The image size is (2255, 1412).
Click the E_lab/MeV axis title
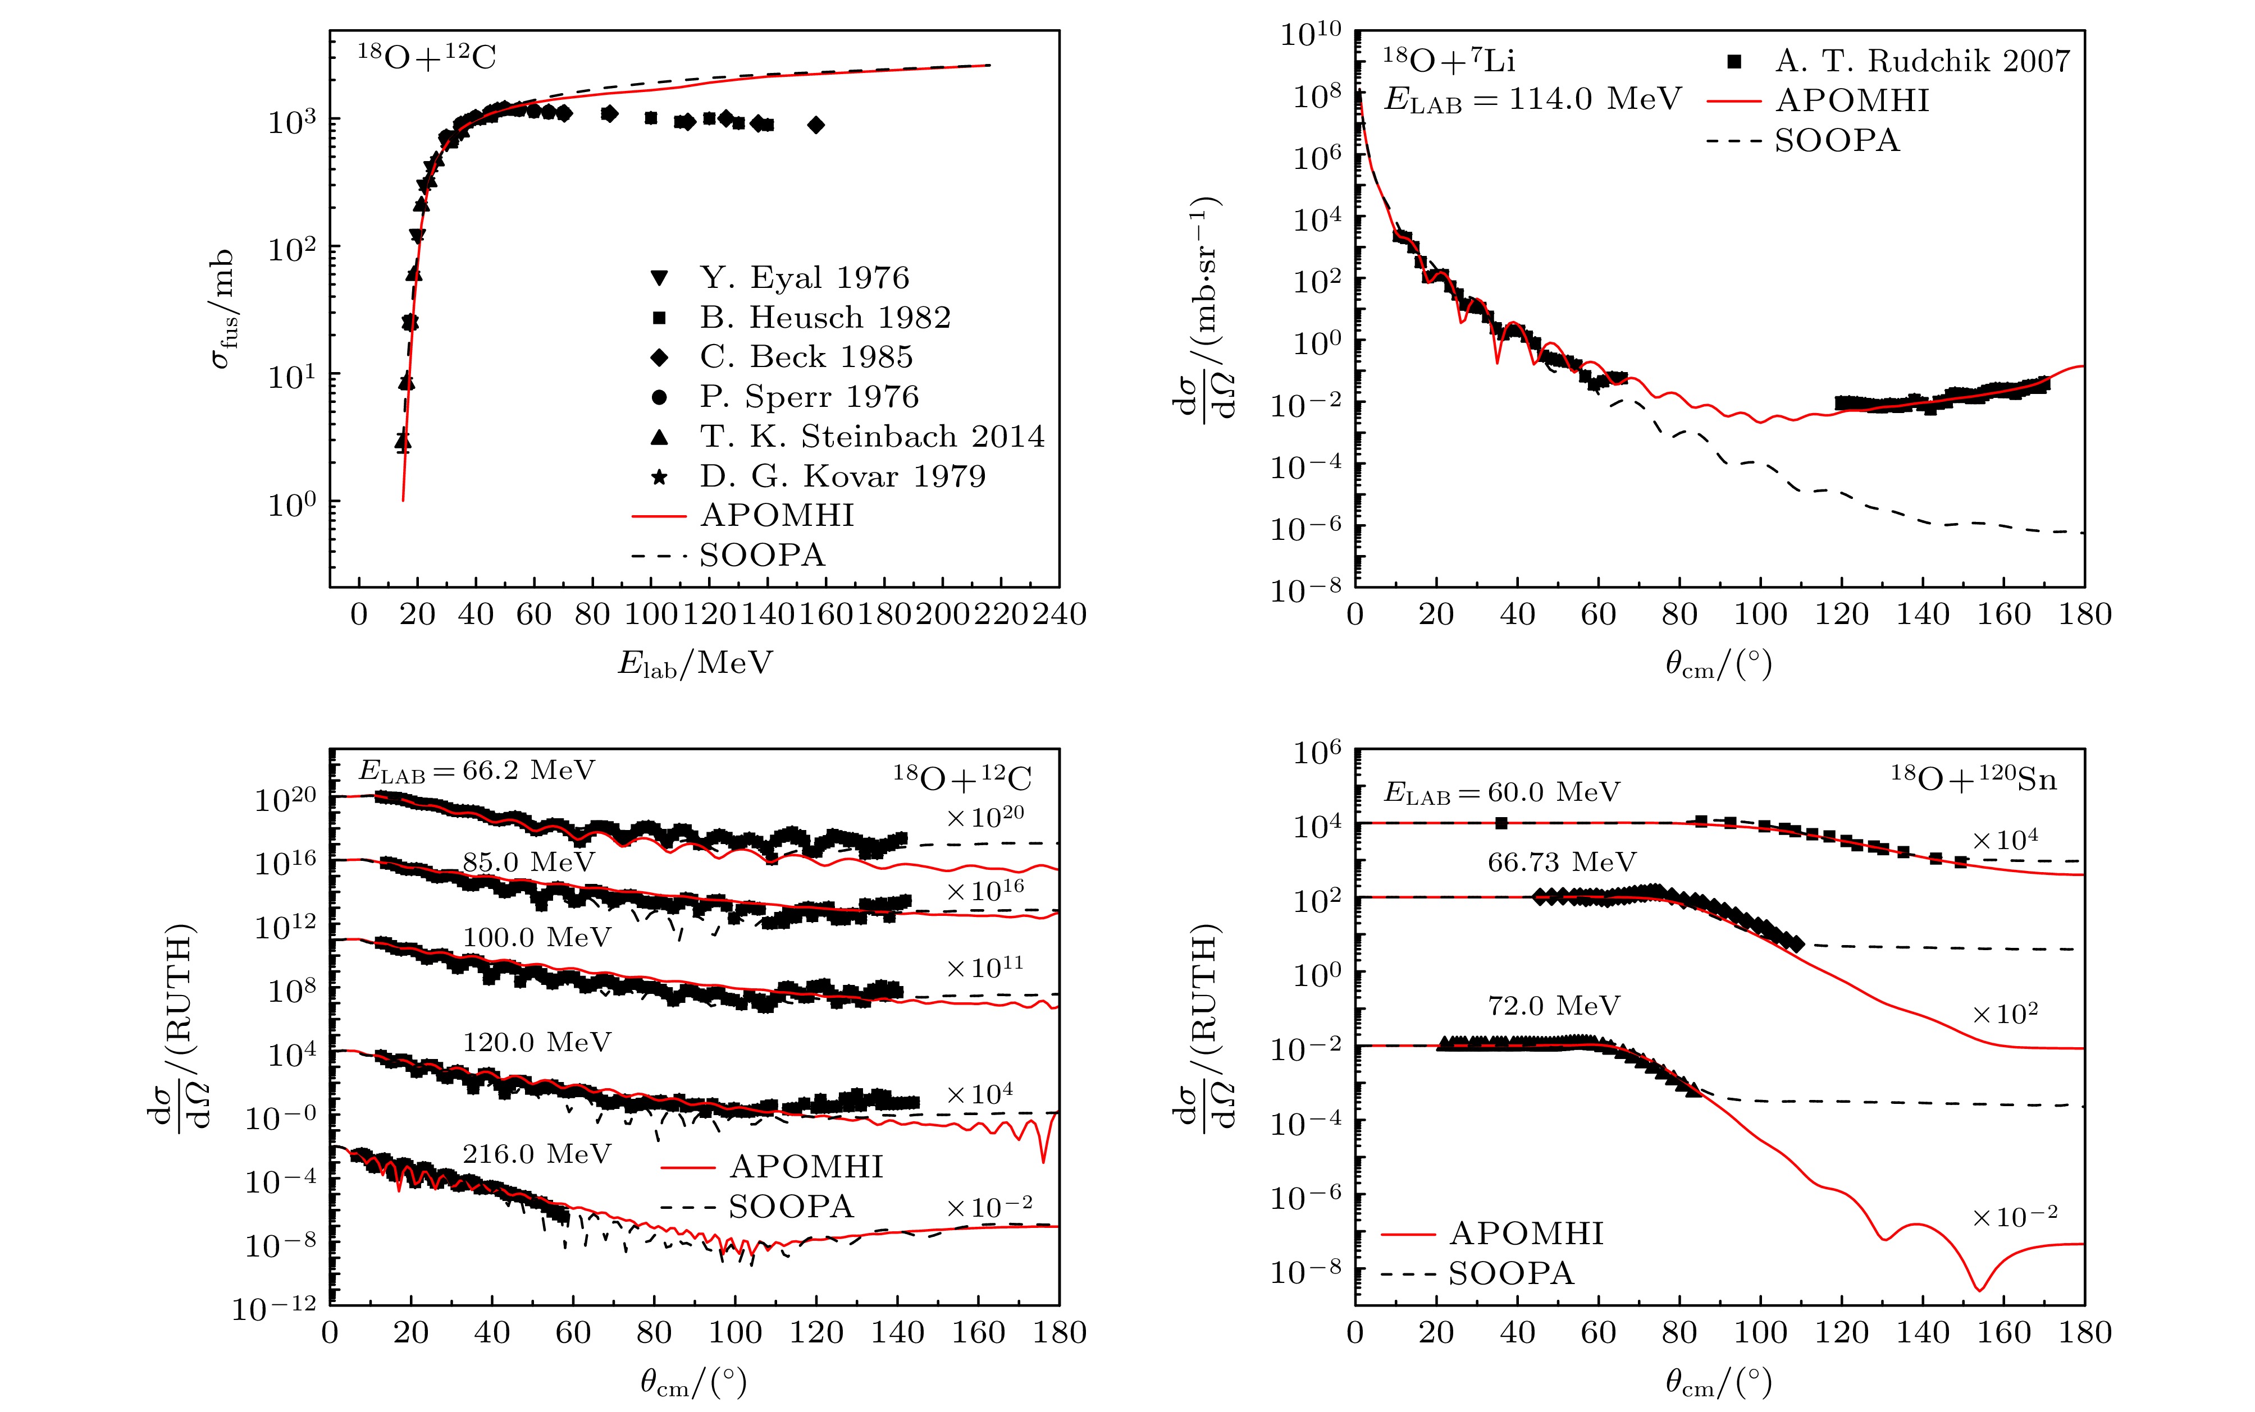(x=695, y=663)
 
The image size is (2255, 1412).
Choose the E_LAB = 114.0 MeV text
(x=1532, y=99)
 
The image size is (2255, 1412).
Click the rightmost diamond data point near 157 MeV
(x=816, y=125)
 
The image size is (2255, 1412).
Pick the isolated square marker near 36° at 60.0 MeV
(x=1501, y=823)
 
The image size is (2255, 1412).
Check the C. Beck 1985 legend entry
(x=805, y=357)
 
